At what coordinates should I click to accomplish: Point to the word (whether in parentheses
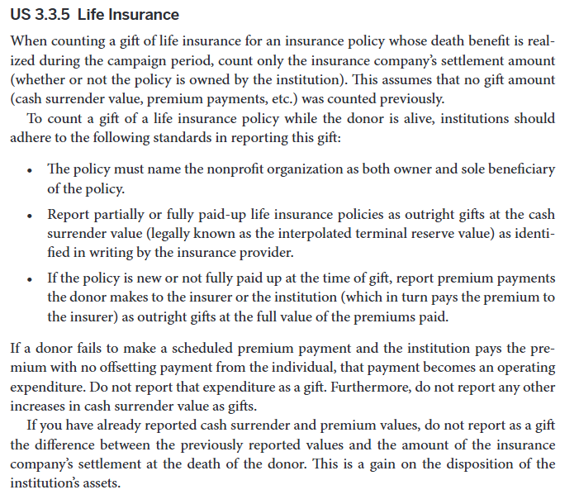[40, 80]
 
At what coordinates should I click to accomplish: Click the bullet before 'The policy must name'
[31, 170]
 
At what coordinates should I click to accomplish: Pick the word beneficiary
[517, 169]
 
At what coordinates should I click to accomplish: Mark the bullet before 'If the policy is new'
[31, 279]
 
